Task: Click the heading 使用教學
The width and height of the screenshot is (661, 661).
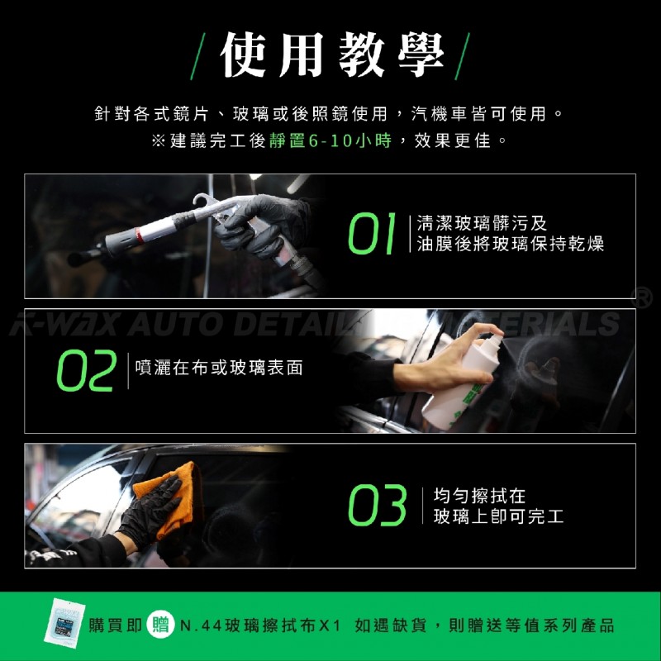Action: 331,55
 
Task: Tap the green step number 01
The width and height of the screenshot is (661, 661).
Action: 372,233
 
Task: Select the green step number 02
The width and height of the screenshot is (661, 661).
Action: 87,370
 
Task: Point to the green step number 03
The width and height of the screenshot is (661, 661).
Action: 378,505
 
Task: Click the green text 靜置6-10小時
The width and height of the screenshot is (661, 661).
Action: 330,140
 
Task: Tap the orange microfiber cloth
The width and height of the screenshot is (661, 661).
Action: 169,497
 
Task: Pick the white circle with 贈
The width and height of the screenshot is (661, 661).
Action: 160,625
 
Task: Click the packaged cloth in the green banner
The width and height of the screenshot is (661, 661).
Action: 64,623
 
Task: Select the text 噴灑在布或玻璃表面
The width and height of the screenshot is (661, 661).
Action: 219,368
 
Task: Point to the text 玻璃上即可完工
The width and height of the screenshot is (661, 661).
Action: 498,516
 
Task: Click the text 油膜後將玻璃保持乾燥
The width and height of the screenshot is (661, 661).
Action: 510,244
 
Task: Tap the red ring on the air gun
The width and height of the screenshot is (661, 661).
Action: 139,235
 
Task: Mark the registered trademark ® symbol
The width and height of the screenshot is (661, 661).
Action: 641,297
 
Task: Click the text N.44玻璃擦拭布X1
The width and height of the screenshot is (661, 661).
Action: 260,625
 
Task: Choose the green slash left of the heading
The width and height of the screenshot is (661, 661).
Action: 197,56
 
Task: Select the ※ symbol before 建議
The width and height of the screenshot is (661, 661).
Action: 158,141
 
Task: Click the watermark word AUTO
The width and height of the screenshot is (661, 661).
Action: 174,325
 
